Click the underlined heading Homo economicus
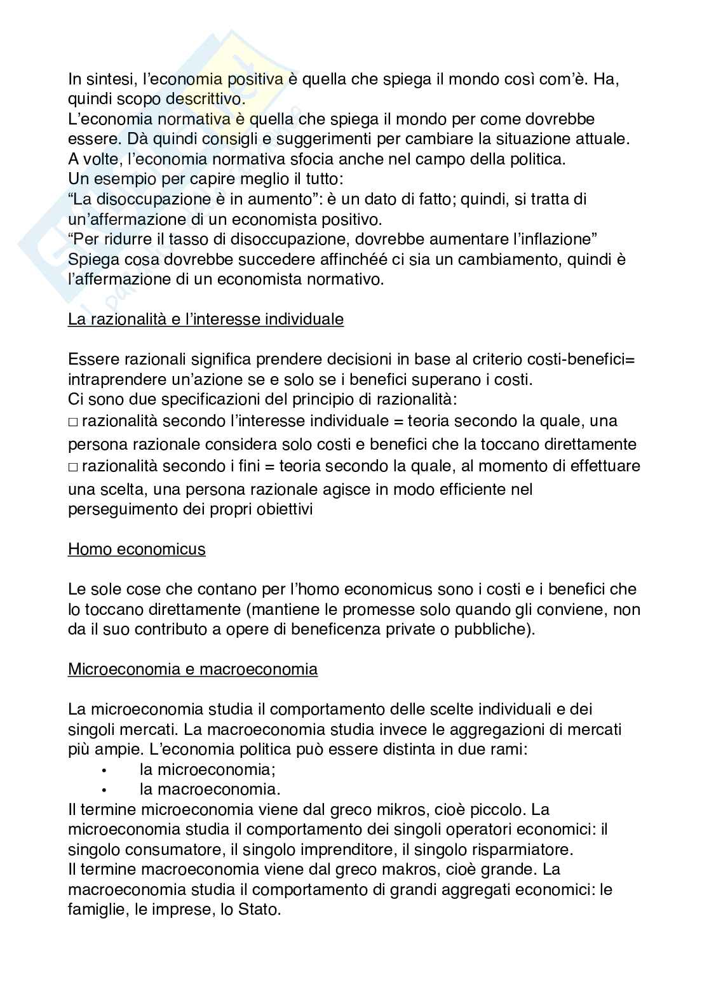[137, 549]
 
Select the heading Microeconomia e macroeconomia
[192, 670]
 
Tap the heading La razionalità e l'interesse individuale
[205, 320]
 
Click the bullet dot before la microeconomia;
[102, 771]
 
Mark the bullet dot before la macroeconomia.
[102, 791]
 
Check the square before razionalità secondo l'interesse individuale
[72, 422]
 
